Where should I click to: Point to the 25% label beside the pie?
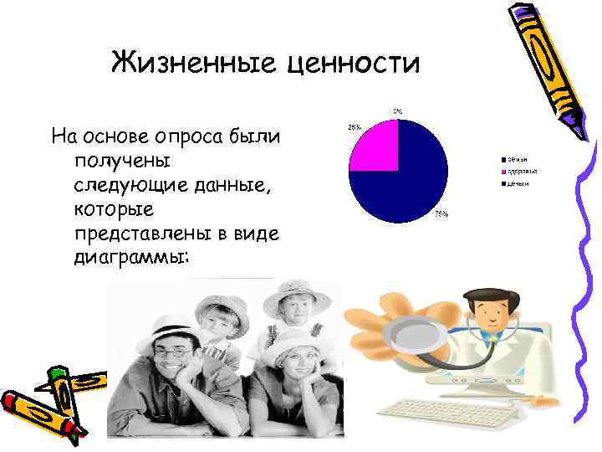point(355,127)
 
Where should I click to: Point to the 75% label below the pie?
point(440,214)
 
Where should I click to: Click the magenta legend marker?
point(504,170)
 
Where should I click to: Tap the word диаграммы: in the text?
point(131,257)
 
